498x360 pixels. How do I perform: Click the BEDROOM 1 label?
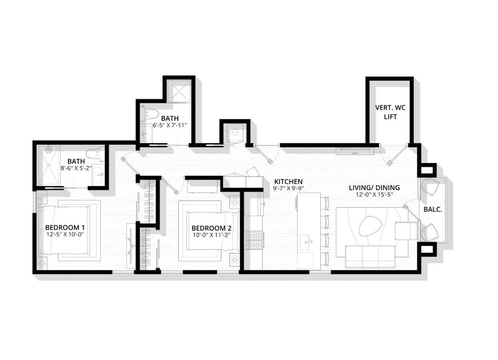[x=65, y=228]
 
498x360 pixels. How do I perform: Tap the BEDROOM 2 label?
[x=211, y=228]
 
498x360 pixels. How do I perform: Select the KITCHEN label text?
[x=288, y=182]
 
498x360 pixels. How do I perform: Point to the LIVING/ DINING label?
[x=374, y=188]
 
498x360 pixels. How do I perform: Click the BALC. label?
[x=433, y=209]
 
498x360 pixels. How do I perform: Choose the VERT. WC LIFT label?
[x=390, y=112]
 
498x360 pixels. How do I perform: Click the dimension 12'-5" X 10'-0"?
[x=65, y=234]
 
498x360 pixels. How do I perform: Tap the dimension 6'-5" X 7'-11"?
[x=170, y=125]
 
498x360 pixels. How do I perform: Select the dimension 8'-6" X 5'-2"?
[x=76, y=168]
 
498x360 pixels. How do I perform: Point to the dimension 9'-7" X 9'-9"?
[x=288, y=188]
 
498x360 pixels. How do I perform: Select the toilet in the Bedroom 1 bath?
[x=95, y=154]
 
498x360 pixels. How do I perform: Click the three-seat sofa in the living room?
[x=370, y=257]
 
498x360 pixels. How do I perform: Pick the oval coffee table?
[x=370, y=226]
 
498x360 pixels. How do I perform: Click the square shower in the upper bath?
[x=179, y=91]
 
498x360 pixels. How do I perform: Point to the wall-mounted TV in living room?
[x=355, y=151]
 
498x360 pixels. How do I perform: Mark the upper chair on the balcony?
[x=431, y=186]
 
